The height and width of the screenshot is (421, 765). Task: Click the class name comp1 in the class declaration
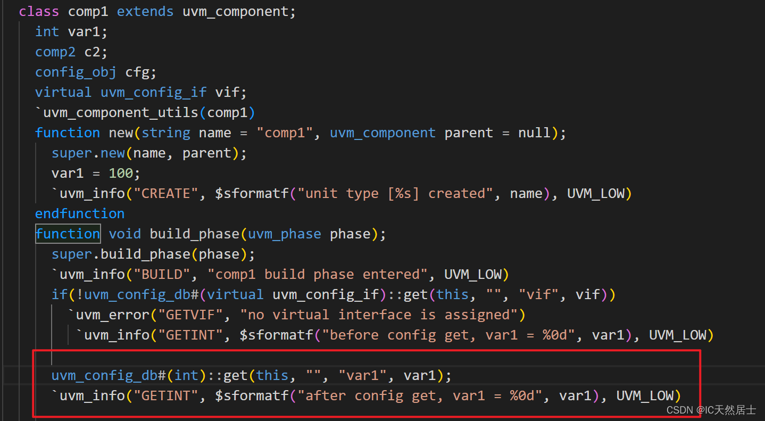(x=88, y=11)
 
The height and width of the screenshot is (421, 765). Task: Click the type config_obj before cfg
(x=76, y=72)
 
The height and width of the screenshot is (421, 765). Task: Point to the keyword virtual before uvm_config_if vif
(x=63, y=92)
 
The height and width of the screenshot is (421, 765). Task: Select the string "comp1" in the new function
(x=285, y=133)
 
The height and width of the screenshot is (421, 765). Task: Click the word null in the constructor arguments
(x=535, y=133)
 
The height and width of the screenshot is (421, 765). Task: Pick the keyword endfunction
(x=80, y=213)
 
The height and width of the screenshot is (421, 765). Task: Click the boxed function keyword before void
(x=68, y=234)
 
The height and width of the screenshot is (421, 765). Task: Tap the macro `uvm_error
(x=109, y=315)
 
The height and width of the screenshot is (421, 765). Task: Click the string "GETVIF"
(x=190, y=315)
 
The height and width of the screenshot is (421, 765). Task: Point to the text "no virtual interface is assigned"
(x=379, y=315)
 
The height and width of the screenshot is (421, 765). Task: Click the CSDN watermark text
(x=711, y=410)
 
